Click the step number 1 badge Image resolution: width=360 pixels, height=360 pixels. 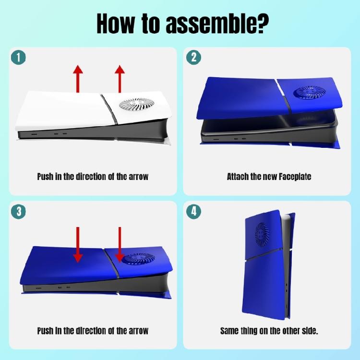pyautogui.click(x=18, y=58)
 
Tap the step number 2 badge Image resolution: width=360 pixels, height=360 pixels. pyautogui.click(x=193, y=58)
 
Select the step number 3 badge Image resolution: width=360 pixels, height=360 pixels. pyautogui.click(x=18, y=211)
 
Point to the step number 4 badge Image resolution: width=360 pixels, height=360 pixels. pyautogui.click(x=193, y=211)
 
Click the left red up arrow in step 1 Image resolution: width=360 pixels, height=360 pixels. pyautogui.click(x=78, y=79)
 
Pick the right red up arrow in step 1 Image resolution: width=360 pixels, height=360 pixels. pyautogui.click(x=120, y=79)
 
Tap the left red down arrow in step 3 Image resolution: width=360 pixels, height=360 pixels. pyautogui.click(x=78, y=245)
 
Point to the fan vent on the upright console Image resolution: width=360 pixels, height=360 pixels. pyautogui.click(x=262, y=234)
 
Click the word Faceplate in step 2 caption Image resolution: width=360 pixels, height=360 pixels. pyautogui.click(x=295, y=177)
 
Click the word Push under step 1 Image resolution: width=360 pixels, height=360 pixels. pyautogui.click(x=45, y=177)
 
